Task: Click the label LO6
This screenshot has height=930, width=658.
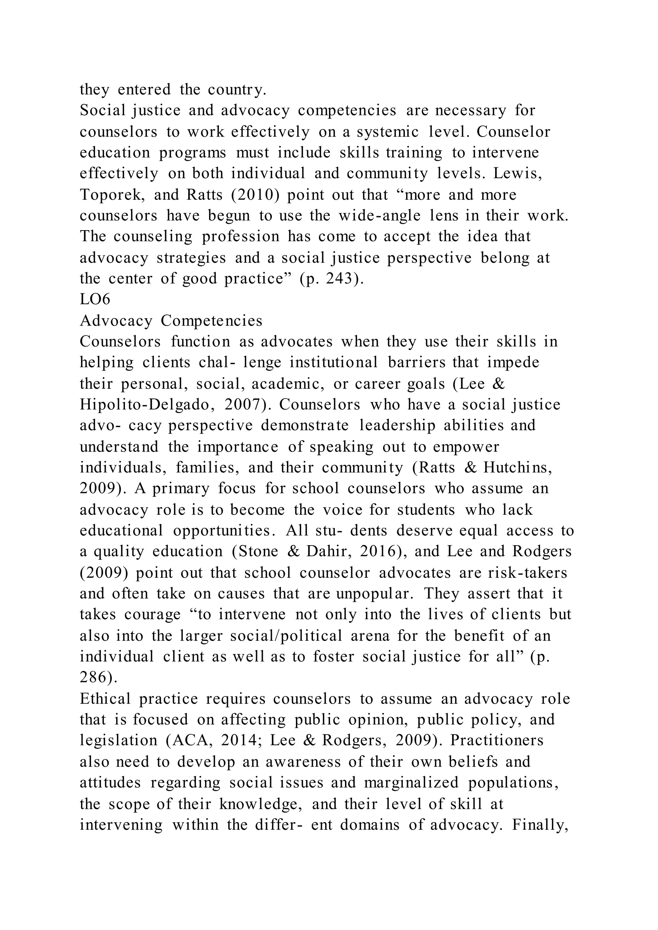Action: [x=95, y=300]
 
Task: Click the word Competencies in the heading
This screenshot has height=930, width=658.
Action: [x=211, y=321]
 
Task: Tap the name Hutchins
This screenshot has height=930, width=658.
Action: [x=517, y=468]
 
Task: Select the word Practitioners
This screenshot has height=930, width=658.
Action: [x=497, y=741]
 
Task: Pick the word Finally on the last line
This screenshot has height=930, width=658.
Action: [x=539, y=824]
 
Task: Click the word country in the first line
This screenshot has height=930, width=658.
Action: [x=236, y=90]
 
